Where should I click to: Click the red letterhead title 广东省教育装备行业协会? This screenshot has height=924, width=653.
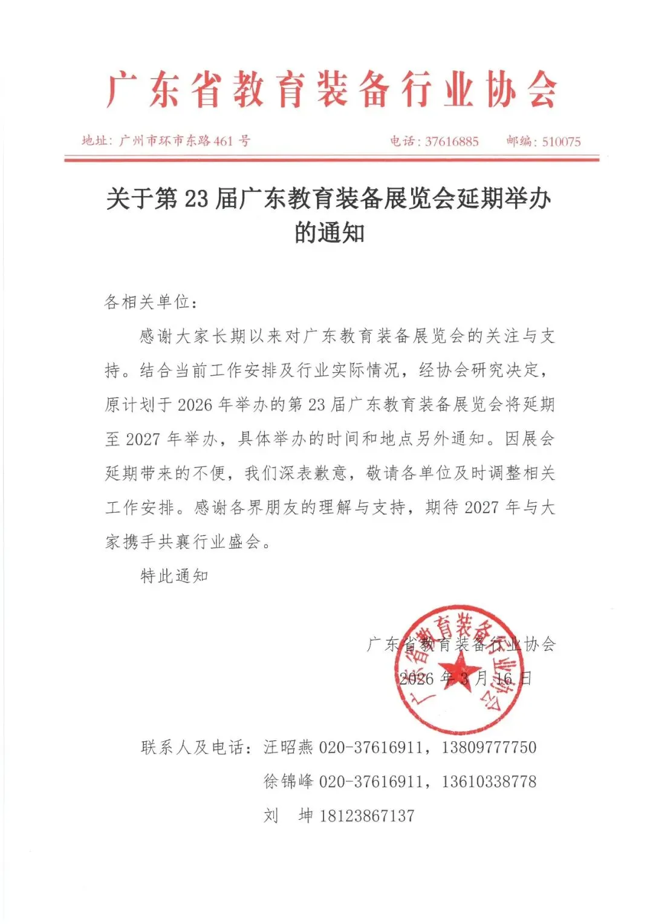click(x=331, y=90)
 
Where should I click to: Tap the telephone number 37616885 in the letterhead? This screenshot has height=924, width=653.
click(x=451, y=142)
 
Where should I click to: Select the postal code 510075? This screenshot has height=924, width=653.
click(x=561, y=142)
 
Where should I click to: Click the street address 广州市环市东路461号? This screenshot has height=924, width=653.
click(x=184, y=141)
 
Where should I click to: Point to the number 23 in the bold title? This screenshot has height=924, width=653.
click(x=196, y=198)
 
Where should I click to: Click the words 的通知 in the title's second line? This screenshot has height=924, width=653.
click(x=330, y=232)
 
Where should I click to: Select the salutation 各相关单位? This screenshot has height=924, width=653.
click(x=147, y=301)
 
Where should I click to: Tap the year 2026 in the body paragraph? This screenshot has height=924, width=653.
click(x=195, y=405)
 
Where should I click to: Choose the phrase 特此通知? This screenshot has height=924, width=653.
click(x=174, y=576)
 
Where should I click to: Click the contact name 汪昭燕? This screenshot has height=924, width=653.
click(x=288, y=747)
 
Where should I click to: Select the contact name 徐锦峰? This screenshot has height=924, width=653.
click(x=288, y=781)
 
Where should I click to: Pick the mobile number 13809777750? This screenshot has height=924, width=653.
click(x=489, y=747)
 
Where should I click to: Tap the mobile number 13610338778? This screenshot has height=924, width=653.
click(x=489, y=781)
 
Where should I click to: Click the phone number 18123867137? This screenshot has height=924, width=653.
click(x=367, y=816)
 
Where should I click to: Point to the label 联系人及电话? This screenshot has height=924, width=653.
click(x=192, y=747)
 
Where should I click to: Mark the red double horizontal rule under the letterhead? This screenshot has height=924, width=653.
click(x=331, y=159)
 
